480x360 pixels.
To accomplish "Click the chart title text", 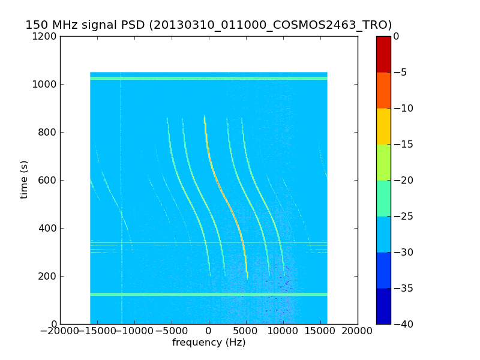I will (x=209, y=25).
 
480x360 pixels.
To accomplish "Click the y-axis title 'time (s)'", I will (x=24, y=179).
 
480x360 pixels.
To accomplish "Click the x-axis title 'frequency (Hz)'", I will (x=209, y=343).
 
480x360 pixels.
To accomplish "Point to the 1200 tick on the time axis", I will (x=46, y=36).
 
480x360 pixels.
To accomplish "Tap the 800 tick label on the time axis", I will (x=48, y=132).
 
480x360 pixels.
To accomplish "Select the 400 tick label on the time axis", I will (x=48, y=228).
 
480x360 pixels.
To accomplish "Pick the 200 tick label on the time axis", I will (x=48, y=276).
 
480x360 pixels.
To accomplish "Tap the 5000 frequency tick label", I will (x=246, y=331).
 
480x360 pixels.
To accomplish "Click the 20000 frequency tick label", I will (x=358, y=331).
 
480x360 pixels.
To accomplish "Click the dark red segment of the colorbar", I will (x=383, y=54).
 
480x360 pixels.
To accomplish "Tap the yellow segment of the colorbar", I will (x=383, y=126).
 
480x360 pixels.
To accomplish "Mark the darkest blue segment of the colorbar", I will (x=383, y=306).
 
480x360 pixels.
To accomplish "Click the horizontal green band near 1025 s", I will (x=209, y=78).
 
